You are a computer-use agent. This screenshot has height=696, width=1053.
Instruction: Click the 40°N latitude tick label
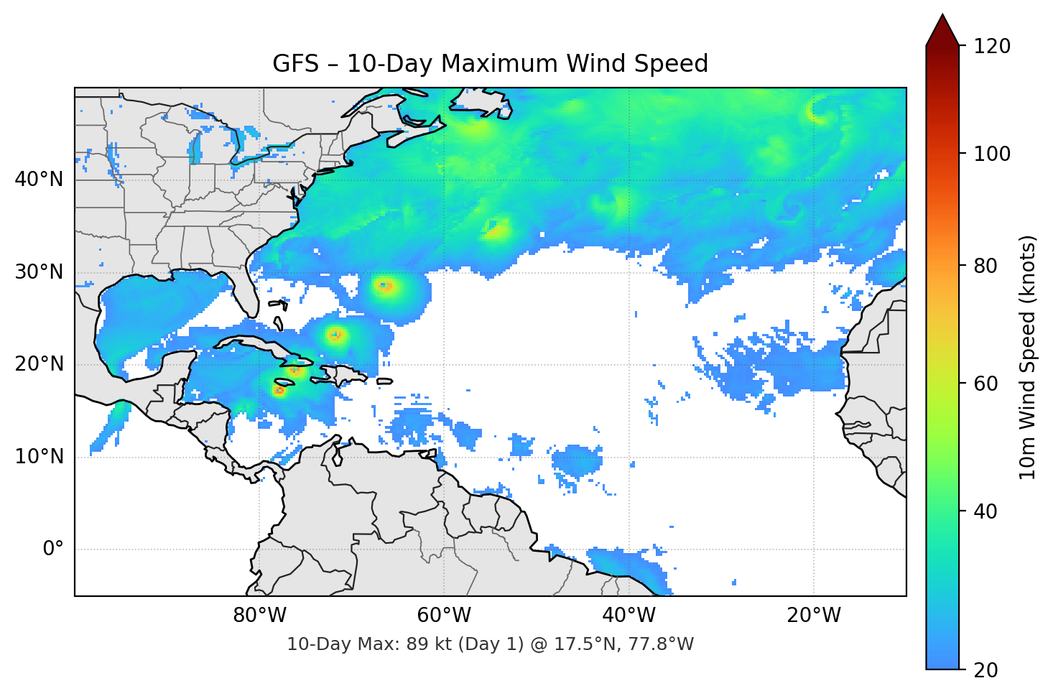coord(39,180)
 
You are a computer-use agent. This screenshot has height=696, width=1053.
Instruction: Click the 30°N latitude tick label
coord(39,272)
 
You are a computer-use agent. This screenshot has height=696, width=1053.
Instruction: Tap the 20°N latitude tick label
coord(39,364)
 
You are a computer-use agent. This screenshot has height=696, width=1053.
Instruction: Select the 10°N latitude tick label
coord(39,457)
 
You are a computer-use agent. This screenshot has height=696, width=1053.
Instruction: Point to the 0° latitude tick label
coord(53,549)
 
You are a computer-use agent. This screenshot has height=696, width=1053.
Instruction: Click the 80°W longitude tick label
coord(260,616)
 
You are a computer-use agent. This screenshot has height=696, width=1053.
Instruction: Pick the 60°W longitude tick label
coord(445,616)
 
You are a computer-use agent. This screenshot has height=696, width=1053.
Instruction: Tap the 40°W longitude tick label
coord(629,616)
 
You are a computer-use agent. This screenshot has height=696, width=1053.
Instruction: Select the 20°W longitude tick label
coord(814,616)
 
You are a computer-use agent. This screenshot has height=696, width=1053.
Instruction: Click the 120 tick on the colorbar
coord(992,46)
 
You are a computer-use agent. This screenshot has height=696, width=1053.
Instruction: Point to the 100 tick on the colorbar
coord(992,154)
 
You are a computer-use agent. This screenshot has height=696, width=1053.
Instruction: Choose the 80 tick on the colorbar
coord(987,266)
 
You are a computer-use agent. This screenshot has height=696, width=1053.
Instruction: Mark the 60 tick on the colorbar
coord(987,384)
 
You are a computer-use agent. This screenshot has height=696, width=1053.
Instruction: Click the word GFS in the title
coord(295,64)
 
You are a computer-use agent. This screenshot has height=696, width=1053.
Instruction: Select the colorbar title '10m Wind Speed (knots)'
coord(1028,357)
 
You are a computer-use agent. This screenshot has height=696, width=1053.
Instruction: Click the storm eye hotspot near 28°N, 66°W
coord(386,286)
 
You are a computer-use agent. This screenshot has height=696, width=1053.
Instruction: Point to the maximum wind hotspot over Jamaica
coord(279,391)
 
